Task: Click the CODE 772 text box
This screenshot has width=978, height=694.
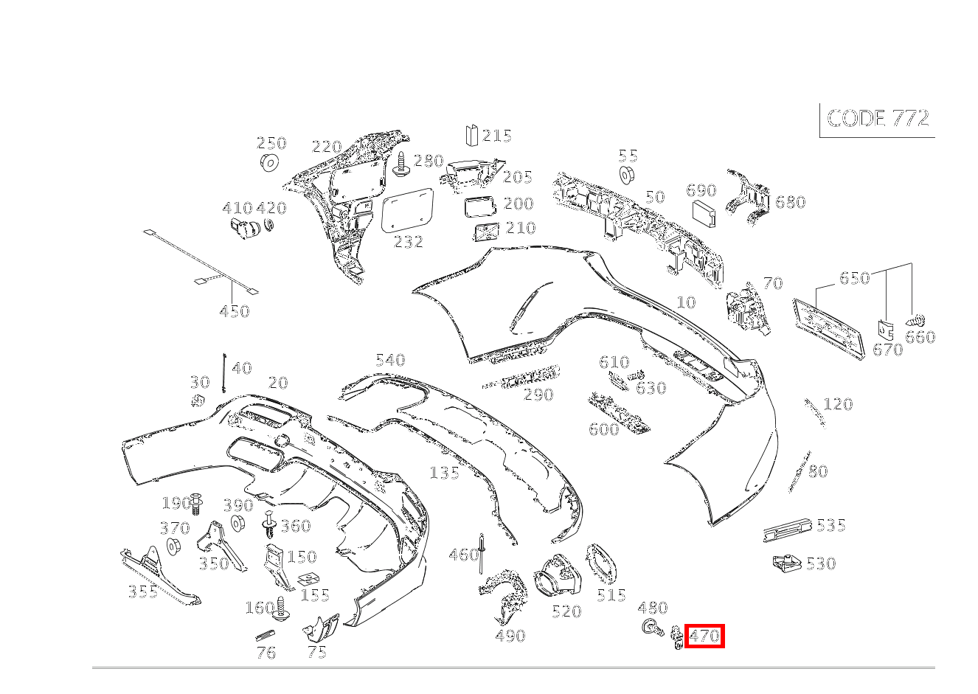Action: (877, 119)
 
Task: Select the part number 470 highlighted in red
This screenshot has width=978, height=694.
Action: (704, 636)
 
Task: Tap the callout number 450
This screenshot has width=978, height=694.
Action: (235, 312)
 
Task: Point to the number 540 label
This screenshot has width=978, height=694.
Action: (390, 360)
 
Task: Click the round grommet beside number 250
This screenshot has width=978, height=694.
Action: (269, 162)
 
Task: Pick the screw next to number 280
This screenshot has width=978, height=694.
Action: (402, 164)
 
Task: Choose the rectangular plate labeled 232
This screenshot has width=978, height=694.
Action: (407, 210)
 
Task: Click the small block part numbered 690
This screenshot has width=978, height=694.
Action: (704, 214)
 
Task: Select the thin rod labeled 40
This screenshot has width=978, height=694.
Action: (224, 372)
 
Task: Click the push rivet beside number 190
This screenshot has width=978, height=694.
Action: (198, 504)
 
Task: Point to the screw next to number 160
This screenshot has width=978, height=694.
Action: (281, 609)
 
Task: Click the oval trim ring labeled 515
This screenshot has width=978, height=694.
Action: (601, 564)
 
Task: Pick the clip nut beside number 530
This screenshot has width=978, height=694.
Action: (787, 563)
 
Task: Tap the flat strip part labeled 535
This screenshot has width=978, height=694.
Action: (787, 530)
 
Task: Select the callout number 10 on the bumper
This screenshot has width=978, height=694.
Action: (686, 302)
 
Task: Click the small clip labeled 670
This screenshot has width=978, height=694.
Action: (886, 330)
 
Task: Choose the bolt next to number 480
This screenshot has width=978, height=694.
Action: (653, 628)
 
